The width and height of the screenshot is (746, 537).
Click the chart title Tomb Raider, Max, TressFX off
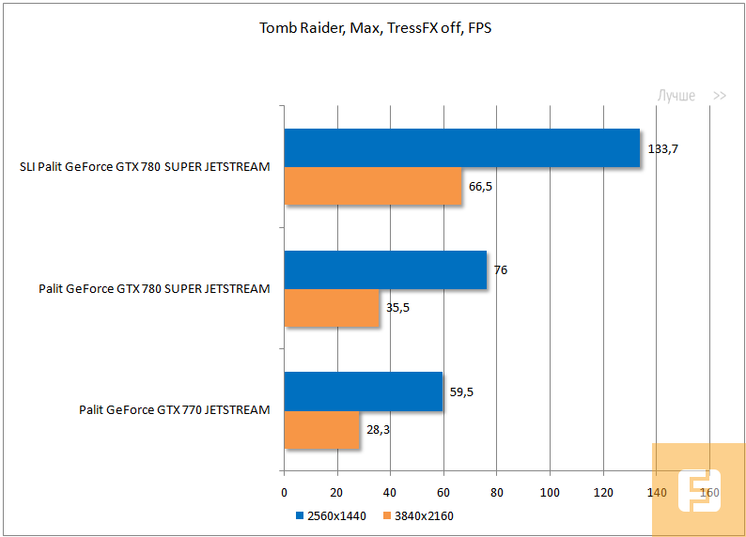(x=375, y=28)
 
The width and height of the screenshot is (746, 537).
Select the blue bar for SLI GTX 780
(x=461, y=148)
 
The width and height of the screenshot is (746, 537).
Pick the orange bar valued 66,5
(x=373, y=186)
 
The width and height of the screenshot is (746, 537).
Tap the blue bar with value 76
(x=385, y=269)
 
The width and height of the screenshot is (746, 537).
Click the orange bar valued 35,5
(x=332, y=308)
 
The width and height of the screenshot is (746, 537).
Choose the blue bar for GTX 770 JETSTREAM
(x=363, y=391)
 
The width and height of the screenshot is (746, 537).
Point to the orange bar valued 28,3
(x=321, y=430)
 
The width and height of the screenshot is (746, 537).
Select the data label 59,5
(x=460, y=391)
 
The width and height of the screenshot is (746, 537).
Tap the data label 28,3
(x=379, y=430)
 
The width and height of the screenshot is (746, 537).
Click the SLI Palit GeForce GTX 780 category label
(x=145, y=167)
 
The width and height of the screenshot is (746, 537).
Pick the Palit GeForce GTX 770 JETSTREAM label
(x=175, y=409)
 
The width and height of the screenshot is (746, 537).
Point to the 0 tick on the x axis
(x=284, y=493)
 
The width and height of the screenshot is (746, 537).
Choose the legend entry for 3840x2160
(x=419, y=515)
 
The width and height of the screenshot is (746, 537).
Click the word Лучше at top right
(x=676, y=96)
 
